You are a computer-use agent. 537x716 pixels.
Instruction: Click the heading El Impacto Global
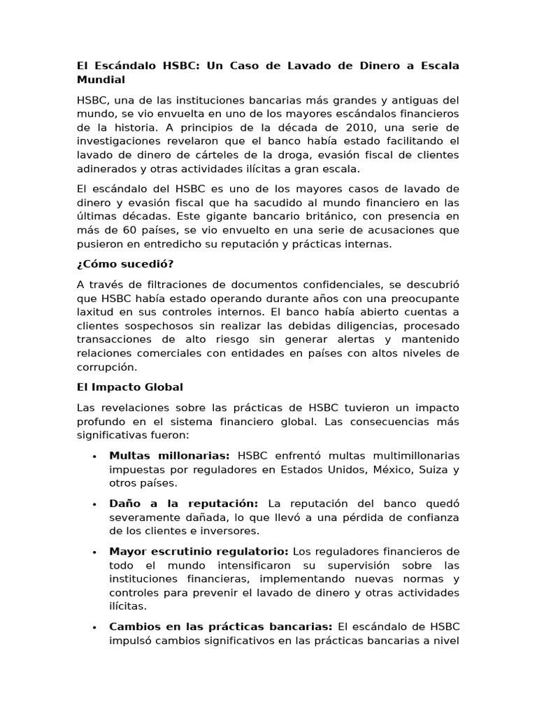click(129, 387)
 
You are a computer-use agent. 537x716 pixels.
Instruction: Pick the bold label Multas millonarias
click(170, 455)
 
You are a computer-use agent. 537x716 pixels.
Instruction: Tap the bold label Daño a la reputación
click(183, 503)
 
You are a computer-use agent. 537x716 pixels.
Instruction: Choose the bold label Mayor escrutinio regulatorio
click(197, 552)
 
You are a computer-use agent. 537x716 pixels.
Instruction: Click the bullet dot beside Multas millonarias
click(94, 457)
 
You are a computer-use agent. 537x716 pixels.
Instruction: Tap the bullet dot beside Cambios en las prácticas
click(94, 628)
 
